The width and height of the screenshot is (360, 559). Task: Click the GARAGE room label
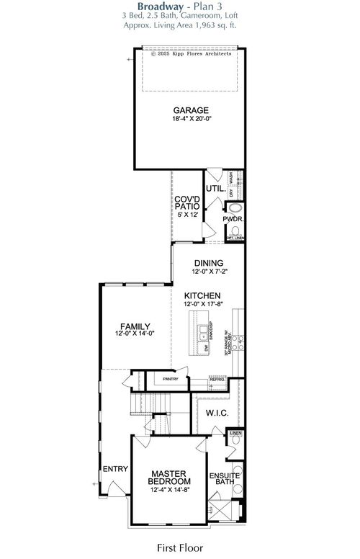[x=191, y=110]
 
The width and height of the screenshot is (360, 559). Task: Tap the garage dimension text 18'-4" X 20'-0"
[x=191, y=119]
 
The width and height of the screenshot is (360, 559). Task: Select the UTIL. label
[x=215, y=189]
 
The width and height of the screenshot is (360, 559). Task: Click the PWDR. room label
[x=233, y=219]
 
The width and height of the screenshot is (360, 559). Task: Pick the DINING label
[x=208, y=263]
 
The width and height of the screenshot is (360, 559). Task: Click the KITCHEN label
[x=202, y=296]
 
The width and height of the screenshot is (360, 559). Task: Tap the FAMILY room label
[x=135, y=326]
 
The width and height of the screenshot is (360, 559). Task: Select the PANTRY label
[x=171, y=377]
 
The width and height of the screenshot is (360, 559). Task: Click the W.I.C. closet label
[x=217, y=413]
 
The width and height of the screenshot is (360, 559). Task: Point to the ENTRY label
[x=115, y=469]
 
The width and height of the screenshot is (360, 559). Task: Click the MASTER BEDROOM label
[x=171, y=477]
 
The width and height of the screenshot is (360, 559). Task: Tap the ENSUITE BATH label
[x=225, y=480]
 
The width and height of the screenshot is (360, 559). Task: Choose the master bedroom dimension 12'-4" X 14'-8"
[x=171, y=490]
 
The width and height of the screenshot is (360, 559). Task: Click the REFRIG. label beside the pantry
[x=217, y=378]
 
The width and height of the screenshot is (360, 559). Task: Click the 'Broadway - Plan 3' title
[x=181, y=6]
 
